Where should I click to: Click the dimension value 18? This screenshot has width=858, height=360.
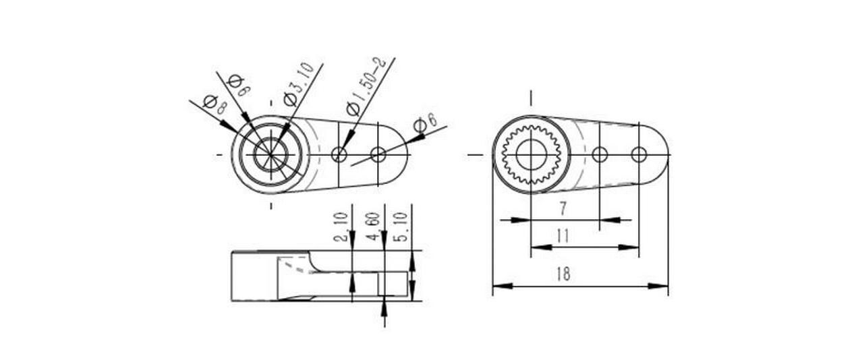563,274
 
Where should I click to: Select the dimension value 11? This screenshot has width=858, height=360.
563,236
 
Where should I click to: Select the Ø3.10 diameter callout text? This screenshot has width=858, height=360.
299,84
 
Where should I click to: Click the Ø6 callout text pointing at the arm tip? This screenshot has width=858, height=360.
425,123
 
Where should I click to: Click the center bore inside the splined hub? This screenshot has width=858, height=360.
532,155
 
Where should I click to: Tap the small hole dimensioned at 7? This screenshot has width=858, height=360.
600,154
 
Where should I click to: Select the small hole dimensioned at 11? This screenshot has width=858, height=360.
639,154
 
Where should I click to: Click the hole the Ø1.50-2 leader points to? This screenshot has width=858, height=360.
339,155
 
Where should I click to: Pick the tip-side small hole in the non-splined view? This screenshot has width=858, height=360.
378,155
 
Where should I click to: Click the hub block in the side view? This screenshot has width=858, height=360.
254,275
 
